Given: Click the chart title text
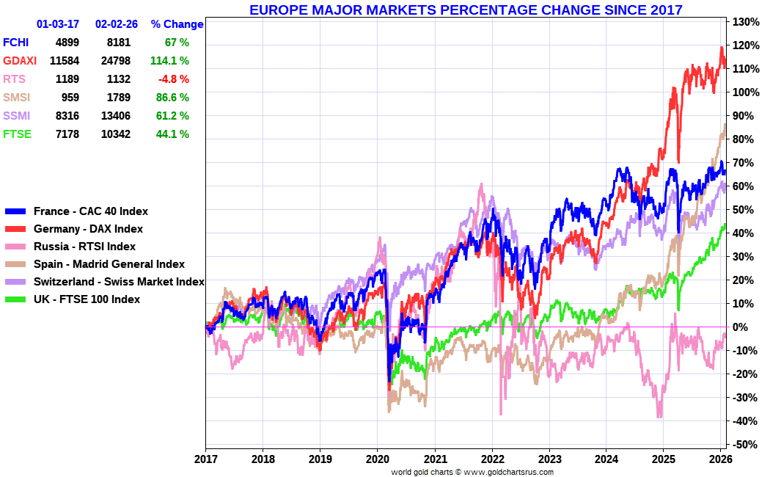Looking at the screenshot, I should click(466, 10).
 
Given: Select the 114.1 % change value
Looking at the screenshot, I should click(169, 61).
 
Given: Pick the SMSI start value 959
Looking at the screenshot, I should click(68, 98).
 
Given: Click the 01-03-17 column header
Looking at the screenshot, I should click(58, 24).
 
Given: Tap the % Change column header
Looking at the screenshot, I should click(177, 24).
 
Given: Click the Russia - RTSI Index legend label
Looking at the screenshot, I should click(84, 247).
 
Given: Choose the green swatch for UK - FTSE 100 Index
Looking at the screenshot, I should click(15, 299).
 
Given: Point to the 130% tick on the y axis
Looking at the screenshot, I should click(744, 22).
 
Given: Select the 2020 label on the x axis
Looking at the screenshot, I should click(377, 459).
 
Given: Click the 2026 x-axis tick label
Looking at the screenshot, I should click(720, 459).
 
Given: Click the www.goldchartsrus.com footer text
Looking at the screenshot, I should click(507, 473).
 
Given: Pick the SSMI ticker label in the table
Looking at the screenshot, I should click(17, 116).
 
